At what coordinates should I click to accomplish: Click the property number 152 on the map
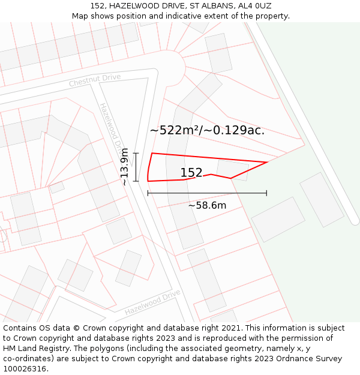coord(191,173)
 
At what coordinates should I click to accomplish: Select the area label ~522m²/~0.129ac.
coord(207,130)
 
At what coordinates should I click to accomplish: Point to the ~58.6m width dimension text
coord(207,206)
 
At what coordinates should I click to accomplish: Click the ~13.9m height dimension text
coord(124,166)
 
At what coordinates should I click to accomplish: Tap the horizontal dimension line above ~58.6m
coord(207,193)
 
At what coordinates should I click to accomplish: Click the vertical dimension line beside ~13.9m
coord(136,167)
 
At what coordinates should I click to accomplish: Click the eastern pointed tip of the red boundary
coord(266,162)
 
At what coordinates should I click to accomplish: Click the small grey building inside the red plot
coord(232,169)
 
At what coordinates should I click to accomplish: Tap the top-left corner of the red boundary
coord(152,154)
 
